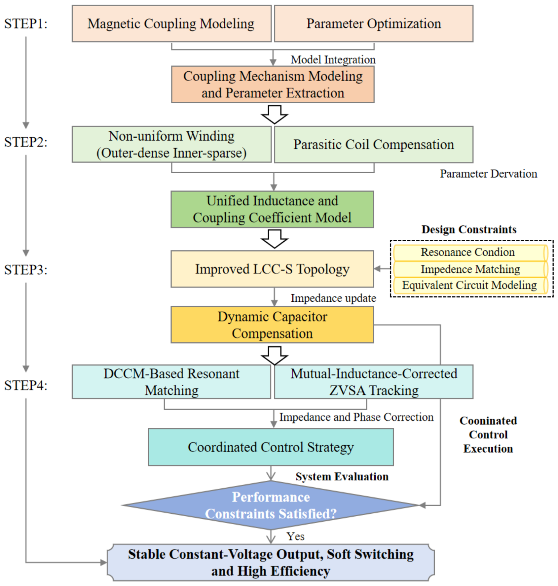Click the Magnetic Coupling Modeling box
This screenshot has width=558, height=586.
tap(171, 23)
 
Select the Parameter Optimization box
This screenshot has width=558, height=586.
tap(374, 23)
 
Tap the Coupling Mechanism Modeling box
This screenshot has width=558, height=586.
tap(273, 85)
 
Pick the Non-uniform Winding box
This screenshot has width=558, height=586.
tap(171, 144)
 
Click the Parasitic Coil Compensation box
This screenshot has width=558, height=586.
tap(374, 144)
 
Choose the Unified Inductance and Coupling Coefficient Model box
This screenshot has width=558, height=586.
tap(272, 209)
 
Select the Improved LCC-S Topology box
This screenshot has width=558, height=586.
tap(272, 269)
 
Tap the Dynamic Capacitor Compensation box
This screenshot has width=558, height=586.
tap(272, 325)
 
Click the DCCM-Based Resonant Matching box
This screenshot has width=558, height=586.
tap(171, 382)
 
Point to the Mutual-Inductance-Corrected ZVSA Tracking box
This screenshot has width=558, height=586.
tap(374, 382)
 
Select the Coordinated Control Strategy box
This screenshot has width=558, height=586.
tap(271, 447)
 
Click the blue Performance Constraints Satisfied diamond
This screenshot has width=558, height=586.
tap(271, 505)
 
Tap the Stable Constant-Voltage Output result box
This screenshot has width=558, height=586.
tap(271, 563)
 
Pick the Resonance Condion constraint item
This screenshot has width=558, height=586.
tap(471, 253)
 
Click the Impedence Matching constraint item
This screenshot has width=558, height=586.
tap(471, 269)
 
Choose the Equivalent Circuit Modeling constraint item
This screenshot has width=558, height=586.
tap(471, 286)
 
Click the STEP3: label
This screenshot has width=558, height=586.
tap(26, 270)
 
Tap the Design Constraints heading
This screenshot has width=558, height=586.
tap(469, 229)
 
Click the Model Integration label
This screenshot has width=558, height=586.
tap(333, 60)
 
